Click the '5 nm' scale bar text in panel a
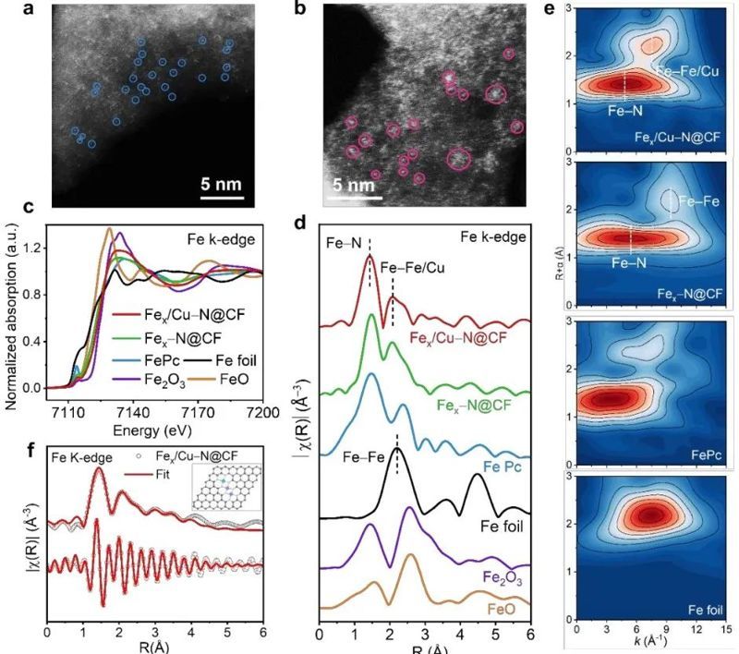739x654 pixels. pyautogui.click(x=221, y=183)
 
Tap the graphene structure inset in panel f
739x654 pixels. pyautogui.click(x=227, y=486)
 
